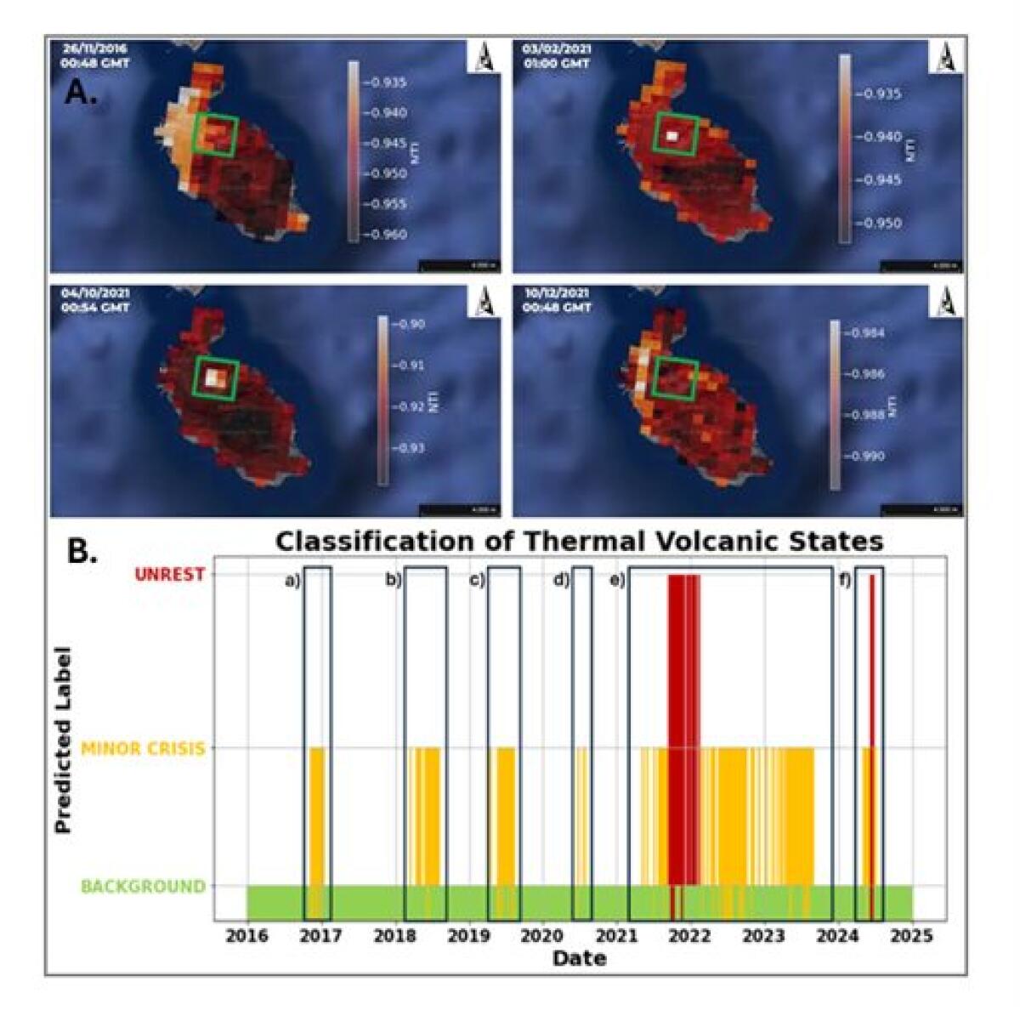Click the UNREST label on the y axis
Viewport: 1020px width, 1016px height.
click(x=169, y=575)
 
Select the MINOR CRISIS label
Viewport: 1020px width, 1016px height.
click(x=143, y=748)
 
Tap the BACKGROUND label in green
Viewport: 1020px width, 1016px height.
click(x=143, y=887)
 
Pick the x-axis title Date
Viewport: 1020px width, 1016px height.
click(x=579, y=958)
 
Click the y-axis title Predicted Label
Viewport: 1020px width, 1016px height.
click(x=63, y=740)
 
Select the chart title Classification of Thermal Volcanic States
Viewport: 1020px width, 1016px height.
click(x=579, y=541)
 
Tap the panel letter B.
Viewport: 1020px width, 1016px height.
click(x=82, y=552)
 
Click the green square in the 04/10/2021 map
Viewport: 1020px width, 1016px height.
click(x=216, y=377)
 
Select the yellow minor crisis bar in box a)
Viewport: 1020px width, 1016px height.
click(x=317, y=816)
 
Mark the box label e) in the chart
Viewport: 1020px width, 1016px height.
click(x=616, y=581)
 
